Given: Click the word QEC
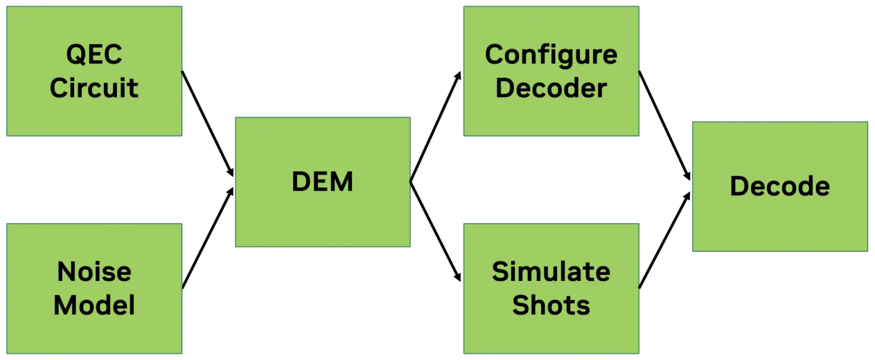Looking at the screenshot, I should (x=94, y=55).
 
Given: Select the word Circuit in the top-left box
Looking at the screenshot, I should (x=94, y=88).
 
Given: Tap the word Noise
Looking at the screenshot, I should (x=94, y=272).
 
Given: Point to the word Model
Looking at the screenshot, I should (x=94, y=305).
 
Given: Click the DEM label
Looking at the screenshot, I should (x=322, y=182).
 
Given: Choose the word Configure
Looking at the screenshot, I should (x=551, y=55).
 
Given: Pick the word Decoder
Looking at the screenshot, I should (x=551, y=88).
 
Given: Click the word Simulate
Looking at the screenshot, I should (x=551, y=272).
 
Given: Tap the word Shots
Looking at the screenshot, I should (x=551, y=305).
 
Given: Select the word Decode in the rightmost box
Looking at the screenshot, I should (x=779, y=186).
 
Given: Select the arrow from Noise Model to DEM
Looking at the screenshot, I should (x=208, y=238).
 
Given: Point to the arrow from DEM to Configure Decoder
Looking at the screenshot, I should (x=435, y=127).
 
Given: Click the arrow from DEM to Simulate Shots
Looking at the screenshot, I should (x=435, y=232).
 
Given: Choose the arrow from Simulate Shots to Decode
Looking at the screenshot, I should (x=664, y=240).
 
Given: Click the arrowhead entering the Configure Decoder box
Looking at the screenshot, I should (x=458, y=76).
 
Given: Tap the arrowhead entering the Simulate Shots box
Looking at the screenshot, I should (x=457, y=277).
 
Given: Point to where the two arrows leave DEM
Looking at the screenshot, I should (x=411, y=182).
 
